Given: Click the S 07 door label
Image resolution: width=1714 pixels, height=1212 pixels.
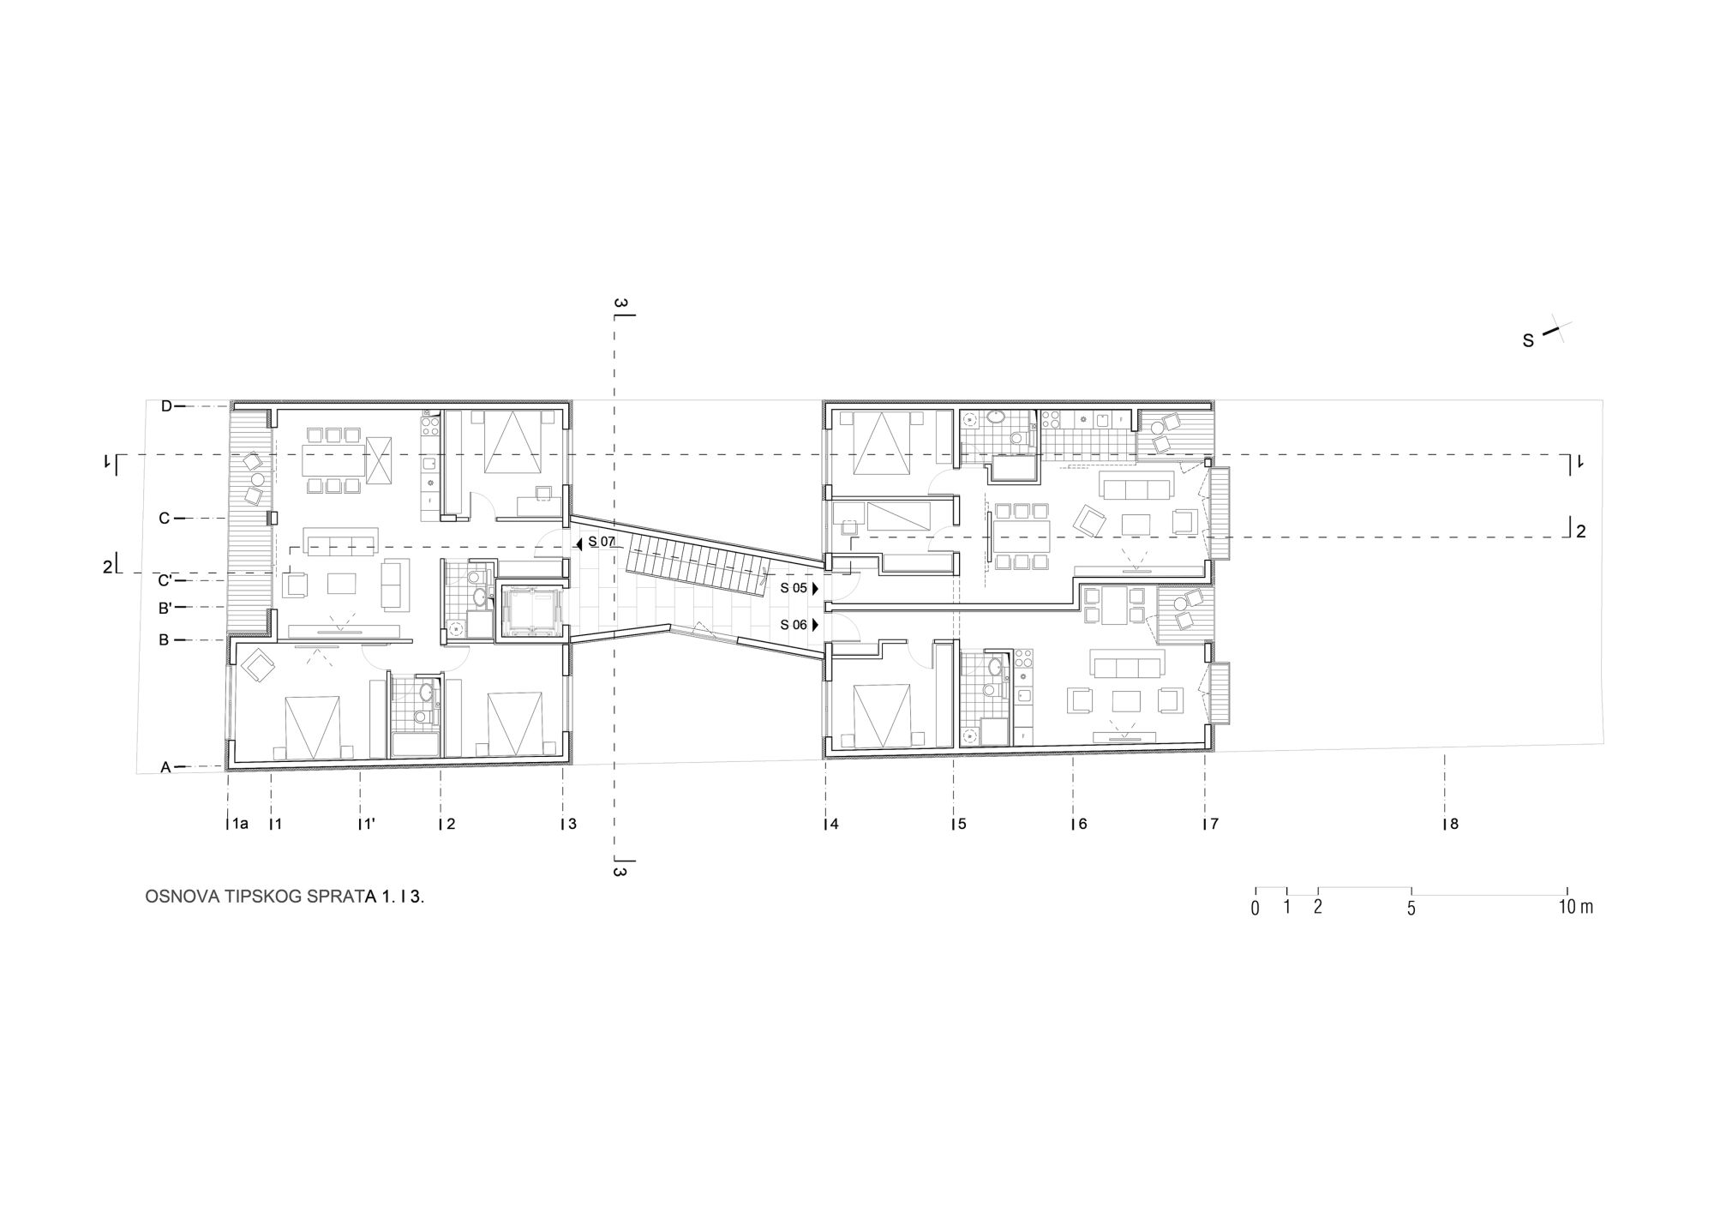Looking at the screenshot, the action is coord(602,542).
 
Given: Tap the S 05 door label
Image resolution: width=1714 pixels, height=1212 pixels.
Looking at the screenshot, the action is coord(794,588).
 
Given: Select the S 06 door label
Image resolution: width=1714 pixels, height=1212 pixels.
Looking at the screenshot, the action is coord(794,625).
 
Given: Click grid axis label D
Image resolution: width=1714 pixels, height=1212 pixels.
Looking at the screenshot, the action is coord(166,406).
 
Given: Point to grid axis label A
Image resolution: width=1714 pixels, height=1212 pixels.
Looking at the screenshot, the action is coord(166,768).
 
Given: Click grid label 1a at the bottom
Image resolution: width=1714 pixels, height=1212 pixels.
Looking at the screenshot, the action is coord(240,825).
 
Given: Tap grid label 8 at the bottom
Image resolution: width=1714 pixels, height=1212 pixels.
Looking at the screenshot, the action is coord(1453,825).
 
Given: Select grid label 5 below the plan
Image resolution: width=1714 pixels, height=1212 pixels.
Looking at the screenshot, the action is coord(962,825).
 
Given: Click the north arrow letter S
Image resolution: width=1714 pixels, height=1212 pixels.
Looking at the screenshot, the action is coord(1528,341).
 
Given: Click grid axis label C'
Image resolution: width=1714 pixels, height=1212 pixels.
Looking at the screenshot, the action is coord(165,581).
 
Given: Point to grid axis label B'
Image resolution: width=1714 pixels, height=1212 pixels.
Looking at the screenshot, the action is coord(165,608).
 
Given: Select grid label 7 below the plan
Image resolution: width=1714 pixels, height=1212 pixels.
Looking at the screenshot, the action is coord(1214,825).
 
